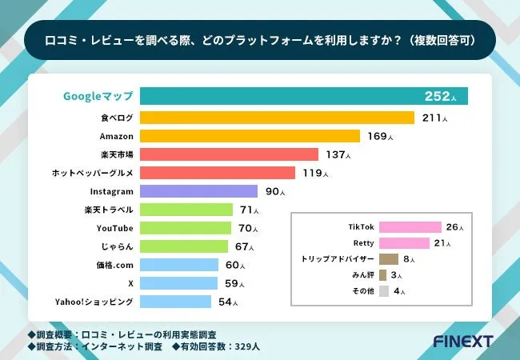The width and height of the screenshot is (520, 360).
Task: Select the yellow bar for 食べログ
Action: point(277,118)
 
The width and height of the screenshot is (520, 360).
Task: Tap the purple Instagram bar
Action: point(198,191)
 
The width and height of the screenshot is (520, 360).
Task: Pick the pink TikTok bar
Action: point(410,227)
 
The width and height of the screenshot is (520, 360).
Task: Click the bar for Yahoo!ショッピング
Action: point(175,302)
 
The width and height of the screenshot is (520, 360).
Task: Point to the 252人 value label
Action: point(442,97)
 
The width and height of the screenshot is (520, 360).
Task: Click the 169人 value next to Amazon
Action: point(380,136)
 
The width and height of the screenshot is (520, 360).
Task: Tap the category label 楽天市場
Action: point(118,154)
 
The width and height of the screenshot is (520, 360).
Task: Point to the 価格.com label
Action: point(114,265)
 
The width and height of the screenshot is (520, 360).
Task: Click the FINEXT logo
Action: point(465,341)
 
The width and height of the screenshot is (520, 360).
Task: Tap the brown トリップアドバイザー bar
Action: point(389,259)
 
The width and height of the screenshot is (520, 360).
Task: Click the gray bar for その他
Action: point(384,291)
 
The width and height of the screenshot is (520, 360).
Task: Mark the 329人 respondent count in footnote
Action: point(245,346)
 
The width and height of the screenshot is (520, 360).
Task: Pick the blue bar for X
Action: point(178,283)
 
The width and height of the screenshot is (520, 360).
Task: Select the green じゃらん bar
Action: point(182,246)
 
